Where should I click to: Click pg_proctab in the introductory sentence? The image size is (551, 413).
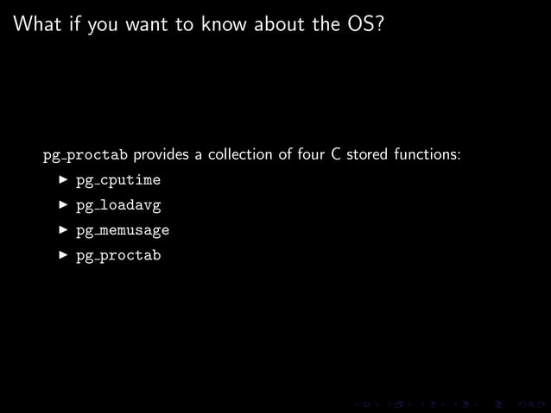[85, 156]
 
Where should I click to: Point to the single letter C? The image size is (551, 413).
[336, 155]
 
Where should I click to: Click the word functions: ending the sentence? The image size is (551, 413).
[427, 155]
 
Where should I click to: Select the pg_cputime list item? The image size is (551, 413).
[117, 181]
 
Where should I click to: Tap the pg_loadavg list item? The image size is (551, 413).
[117, 206]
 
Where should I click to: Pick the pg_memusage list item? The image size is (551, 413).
[122, 231]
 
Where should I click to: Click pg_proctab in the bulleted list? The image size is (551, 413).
[117, 256]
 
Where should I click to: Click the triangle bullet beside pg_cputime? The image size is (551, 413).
[62, 180]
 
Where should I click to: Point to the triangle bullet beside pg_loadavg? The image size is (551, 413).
[62, 205]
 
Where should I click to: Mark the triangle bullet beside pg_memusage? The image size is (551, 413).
[62, 230]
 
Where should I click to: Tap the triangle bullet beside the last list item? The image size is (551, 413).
[62, 255]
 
